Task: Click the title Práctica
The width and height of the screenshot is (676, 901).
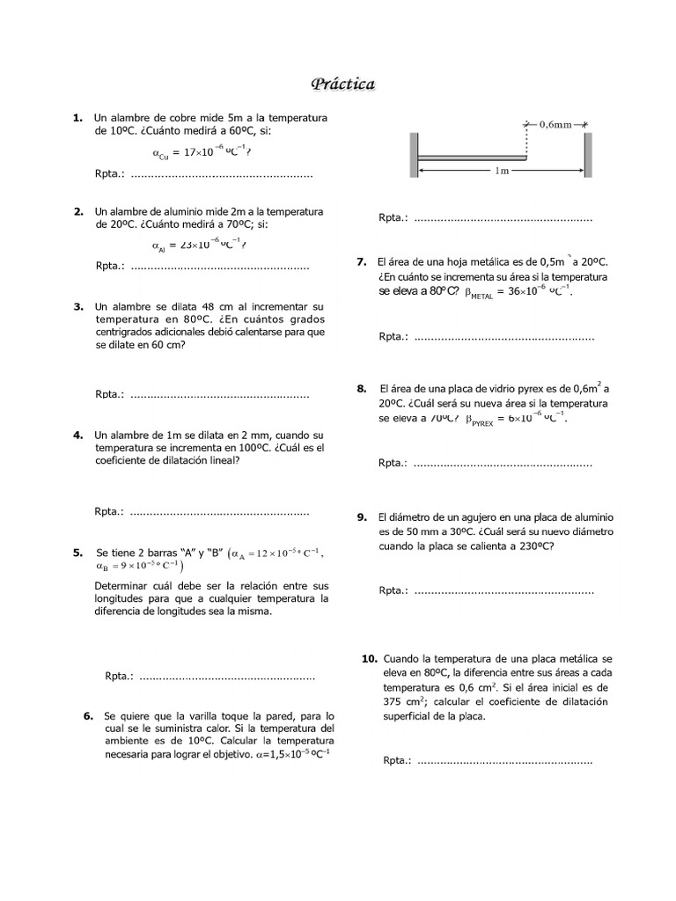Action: (x=342, y=84)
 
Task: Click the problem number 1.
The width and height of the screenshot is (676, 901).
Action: (x=77, y=118)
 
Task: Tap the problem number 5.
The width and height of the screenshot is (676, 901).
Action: (x=78, y=553)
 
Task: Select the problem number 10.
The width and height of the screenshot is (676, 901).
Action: (x=369, y=658)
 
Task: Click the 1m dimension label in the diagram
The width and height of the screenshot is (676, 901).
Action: (x=502, y=171)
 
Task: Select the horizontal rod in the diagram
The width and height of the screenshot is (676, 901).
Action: (x=471, y=158)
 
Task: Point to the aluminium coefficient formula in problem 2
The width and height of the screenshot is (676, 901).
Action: (x=199, y=245)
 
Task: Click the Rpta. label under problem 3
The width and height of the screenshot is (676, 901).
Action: (x=109, y=394)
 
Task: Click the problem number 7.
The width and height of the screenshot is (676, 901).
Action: (x=362, y=262)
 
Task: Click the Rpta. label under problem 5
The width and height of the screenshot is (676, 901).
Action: (x=119, y=677)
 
